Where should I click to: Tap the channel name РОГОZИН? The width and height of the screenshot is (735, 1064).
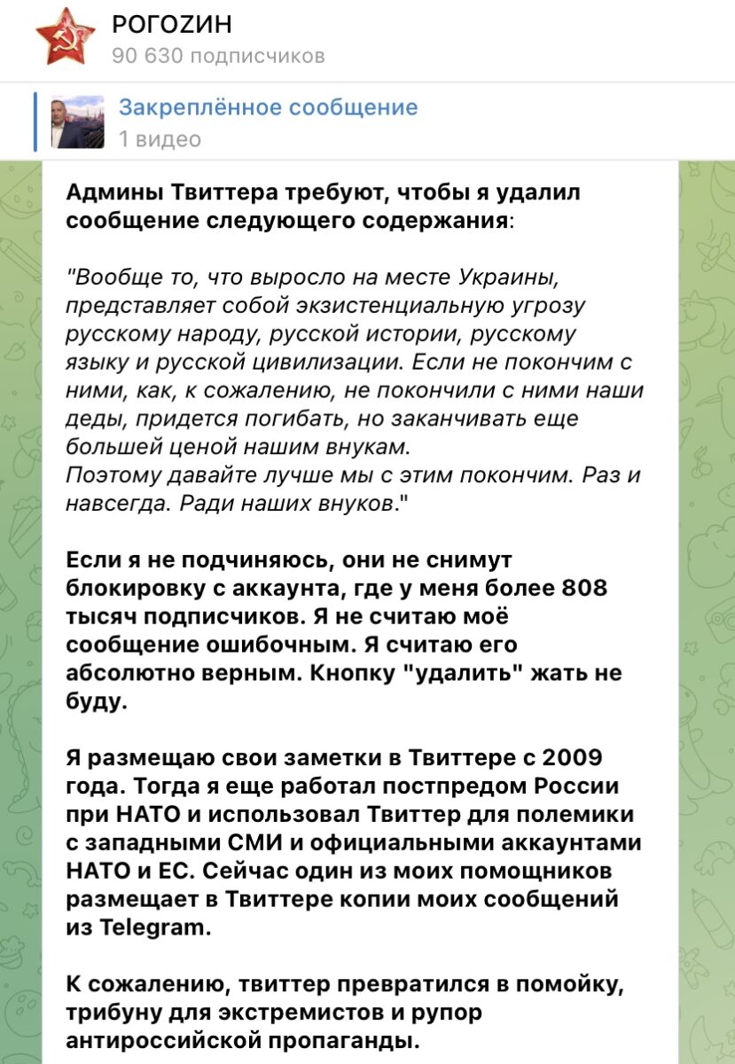[x=173, y=26]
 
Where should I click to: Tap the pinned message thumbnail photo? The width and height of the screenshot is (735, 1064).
[x=77, y=121]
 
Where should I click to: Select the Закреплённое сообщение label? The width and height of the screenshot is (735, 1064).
[x=268, y=108]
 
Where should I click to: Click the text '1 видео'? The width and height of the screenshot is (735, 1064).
[x=160, y=139]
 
